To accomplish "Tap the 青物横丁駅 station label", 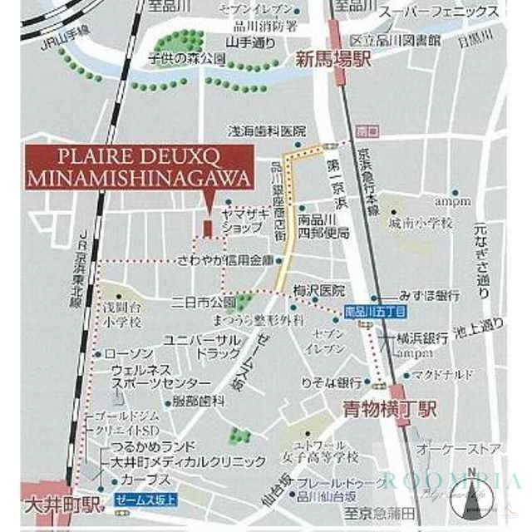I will [x=391, y=408].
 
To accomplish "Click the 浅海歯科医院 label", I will [x=268, y=131].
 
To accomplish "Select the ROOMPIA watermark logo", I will [x=453, y=481].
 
